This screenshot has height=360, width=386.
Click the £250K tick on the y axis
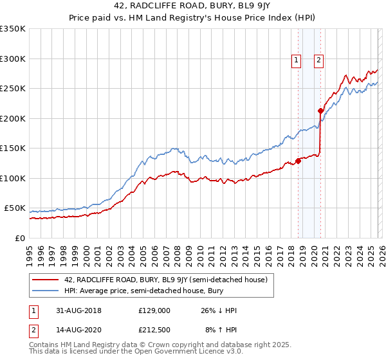tap(13, 89)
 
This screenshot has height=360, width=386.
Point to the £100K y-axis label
tap(13, 179)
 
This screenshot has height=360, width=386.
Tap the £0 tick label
tap(20, 239)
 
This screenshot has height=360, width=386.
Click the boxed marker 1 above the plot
tap(296, 61)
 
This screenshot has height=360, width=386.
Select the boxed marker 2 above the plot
tap(318, 61)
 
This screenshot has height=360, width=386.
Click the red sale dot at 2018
tap(298, 161)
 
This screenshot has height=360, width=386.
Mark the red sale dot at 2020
tap(320, 111)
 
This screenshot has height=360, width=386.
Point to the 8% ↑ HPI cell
tap(221, 330)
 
